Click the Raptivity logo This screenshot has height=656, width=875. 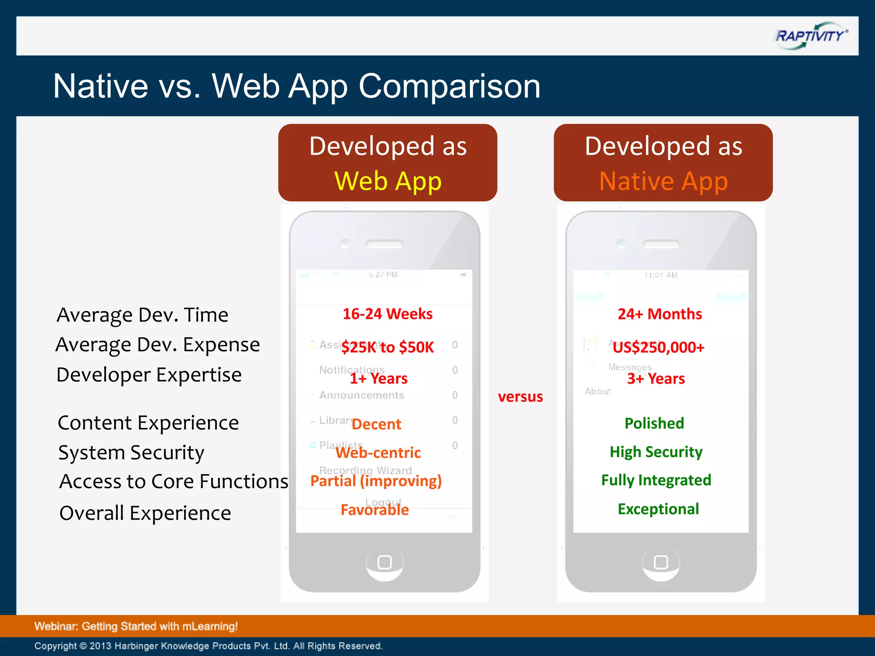click(810, 36)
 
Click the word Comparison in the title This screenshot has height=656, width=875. click(449, 87)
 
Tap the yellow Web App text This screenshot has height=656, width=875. click(388, 181)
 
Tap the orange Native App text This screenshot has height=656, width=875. click(663, 181)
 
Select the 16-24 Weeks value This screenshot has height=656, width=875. click(388, 314)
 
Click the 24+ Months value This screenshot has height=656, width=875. click(660, 314)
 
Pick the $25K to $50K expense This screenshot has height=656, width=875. click(388, 347)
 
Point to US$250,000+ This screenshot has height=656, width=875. click(658, 347)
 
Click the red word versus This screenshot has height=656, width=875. click(520, 397)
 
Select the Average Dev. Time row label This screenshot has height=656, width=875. click(142, 315)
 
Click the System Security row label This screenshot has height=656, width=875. click(131, 452)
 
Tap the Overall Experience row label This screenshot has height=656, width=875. click(145, 513)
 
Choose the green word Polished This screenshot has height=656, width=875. click(654, 423)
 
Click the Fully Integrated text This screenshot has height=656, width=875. click(656, 480)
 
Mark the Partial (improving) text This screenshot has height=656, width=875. click(376, 481)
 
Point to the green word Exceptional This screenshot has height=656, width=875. click(658, 509)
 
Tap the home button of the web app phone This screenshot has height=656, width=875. click(385, 562)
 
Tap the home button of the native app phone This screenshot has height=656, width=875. click(661, 562)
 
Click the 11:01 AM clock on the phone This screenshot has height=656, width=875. click(661, 275)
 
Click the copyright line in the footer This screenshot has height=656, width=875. click(208, 646)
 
